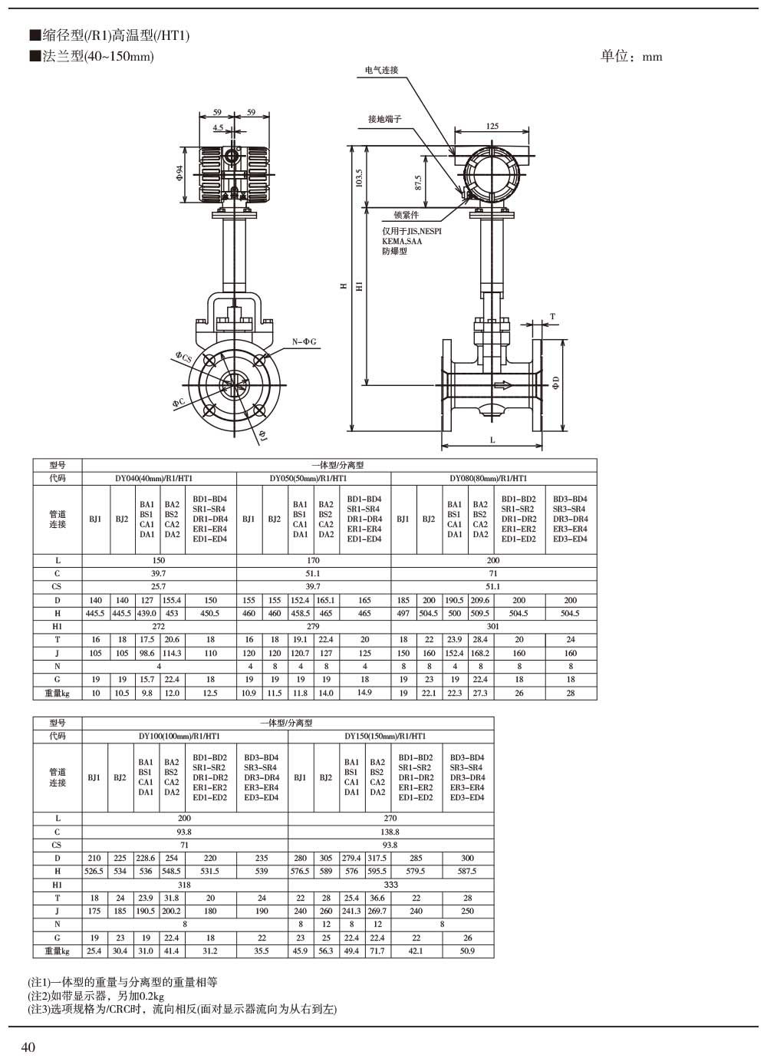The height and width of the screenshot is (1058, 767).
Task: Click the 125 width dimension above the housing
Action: [492, 126]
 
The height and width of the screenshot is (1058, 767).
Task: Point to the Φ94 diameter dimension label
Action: [179, 173]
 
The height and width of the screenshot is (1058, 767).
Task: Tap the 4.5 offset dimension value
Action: [218, 127]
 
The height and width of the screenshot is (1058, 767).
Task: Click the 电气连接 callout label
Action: [381, 70]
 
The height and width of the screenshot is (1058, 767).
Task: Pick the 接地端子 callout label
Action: [385, 119]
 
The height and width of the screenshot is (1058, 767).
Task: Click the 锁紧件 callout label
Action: [407, 215]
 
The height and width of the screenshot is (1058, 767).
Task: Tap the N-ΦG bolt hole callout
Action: [304, 341]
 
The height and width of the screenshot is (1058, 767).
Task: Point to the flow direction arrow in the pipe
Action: [503, 385]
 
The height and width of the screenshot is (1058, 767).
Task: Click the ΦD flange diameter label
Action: [556, 383]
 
